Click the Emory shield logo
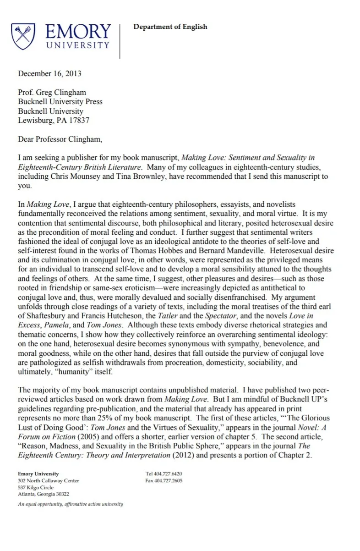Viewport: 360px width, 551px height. (23, 37)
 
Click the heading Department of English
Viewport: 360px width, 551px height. (170, 27)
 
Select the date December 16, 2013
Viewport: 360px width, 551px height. (49, 73)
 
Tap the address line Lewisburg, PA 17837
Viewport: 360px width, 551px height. (54, 121)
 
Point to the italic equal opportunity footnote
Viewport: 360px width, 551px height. (71, 504)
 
